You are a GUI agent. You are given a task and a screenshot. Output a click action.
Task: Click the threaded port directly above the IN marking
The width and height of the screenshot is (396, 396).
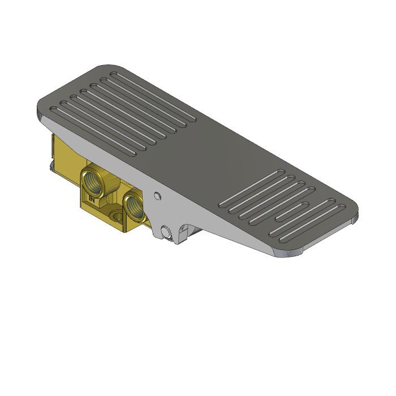pos(92,182)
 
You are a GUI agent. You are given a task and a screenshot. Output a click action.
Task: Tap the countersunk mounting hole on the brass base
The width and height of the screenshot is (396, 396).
pos(117,216)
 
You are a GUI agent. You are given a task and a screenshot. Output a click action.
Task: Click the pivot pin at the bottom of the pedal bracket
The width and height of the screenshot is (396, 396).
pos(165,233)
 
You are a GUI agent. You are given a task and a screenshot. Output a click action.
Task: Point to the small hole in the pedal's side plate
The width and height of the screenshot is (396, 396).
pos(157,196)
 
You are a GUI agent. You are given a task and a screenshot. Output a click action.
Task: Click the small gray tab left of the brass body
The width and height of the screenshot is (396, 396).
pos(51,167)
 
